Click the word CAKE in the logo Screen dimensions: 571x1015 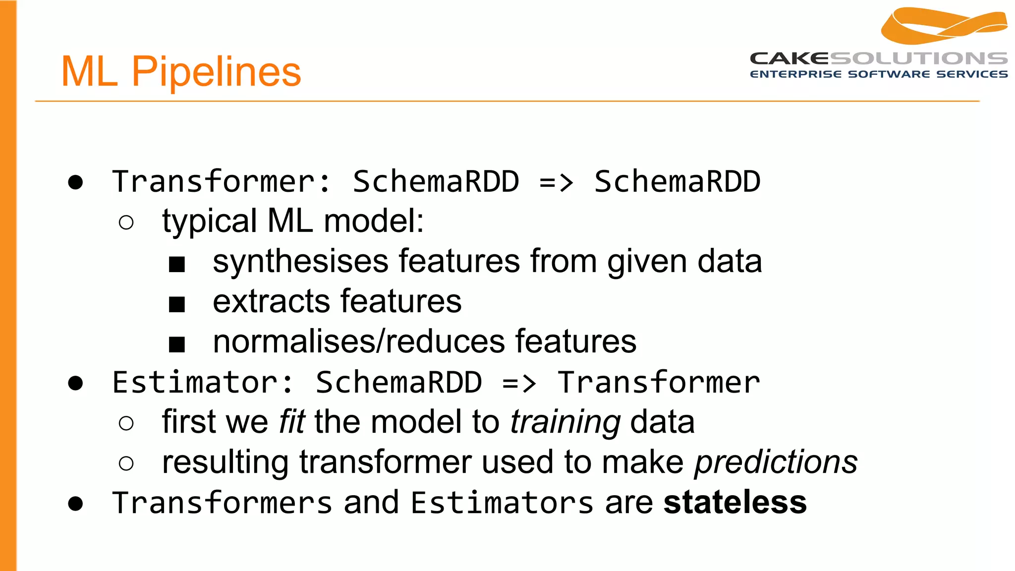pos(789,58)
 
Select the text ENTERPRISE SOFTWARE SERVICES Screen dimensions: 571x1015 pos(878,74)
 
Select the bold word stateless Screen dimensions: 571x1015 pos(734,502)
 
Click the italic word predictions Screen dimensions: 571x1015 pos(776,462)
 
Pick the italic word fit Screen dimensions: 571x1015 pos(291,422)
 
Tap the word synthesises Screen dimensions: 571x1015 pos(300,262)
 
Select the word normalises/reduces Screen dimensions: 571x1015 pos(359,342)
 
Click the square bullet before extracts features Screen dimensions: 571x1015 pos(177,304)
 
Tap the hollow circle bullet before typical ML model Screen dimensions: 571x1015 pos(126,223)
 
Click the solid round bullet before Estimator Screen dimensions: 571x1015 pos(75,383)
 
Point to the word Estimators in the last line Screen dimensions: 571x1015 pos(502,503)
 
